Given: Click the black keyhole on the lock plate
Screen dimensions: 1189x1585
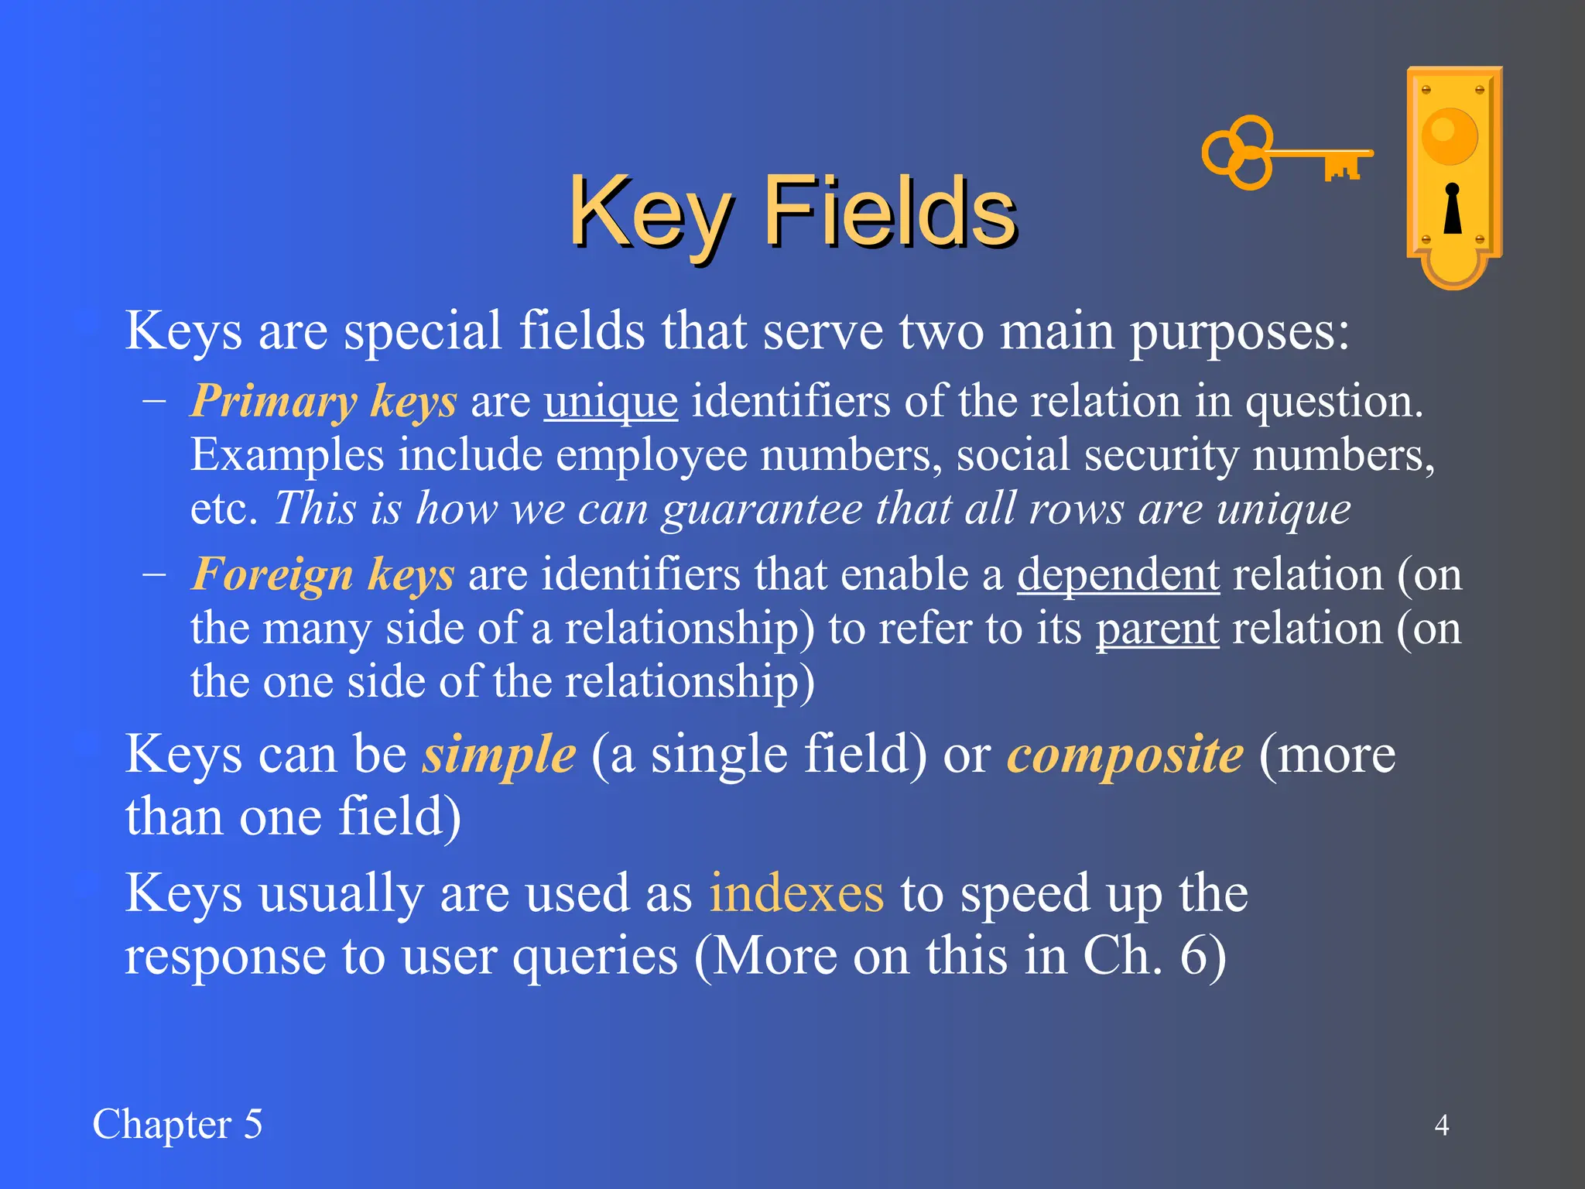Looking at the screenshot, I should coord(1453,209).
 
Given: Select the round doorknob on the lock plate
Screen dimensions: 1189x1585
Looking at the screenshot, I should coord(1450,136).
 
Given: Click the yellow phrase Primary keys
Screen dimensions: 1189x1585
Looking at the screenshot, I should coord(324,402).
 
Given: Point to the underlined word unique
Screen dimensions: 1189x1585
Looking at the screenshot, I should coord(611,402).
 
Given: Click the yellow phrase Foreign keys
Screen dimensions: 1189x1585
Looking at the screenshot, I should coord(323,574).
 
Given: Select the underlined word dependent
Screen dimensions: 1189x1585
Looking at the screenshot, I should coord(1118,574).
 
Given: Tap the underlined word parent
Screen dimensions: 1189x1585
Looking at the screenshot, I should coord(1157,628).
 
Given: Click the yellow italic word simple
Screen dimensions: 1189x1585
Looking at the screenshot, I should coord(499,754).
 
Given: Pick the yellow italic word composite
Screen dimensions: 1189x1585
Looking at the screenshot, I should coord(1125,754).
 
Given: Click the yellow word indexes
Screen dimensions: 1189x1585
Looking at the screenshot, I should coord(796,893).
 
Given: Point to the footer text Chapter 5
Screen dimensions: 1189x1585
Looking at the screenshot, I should coord(177,1124).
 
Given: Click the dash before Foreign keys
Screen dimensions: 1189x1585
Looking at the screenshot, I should coord(154,575).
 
